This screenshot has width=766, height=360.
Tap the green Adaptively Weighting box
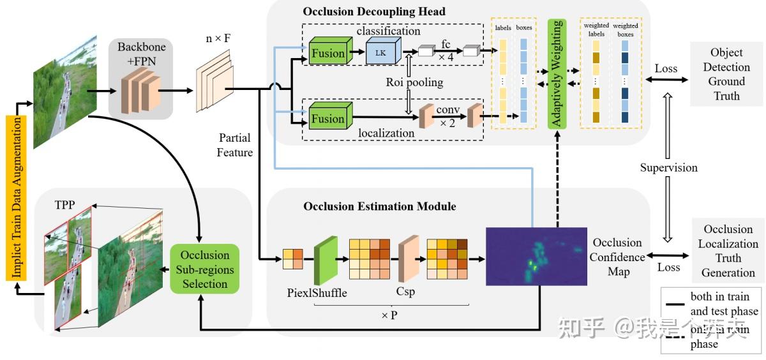(x=557, y=73)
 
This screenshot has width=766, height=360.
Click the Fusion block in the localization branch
(x=328, y=119)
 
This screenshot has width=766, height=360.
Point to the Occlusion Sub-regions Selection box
(x=204, y=269)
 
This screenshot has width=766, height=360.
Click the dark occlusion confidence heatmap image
(x=536, y=256)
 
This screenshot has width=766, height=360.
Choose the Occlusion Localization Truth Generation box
(x=728, y=250)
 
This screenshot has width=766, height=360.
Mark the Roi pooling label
(x=414, y=82)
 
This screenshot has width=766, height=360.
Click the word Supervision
(x=668, y=168)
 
